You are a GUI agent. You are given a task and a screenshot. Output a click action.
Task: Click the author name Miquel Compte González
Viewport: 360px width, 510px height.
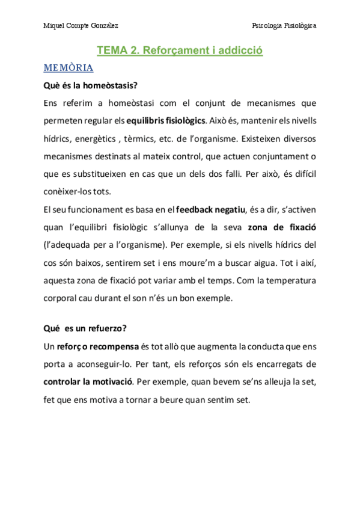click(x=81, y=26)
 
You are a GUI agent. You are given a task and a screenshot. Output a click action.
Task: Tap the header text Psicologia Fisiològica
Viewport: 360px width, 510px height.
click(x=284, y=26)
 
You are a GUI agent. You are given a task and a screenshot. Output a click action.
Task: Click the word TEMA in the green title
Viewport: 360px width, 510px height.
click(x=112, y=51)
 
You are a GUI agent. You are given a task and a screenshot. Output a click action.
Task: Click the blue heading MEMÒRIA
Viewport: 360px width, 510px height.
click(x=68, y=67)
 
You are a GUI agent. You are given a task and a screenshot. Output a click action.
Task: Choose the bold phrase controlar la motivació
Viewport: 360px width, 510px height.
click(x=89, y=382)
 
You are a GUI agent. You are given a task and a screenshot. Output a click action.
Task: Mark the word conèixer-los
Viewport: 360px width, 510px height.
click(x=69, y=191)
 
